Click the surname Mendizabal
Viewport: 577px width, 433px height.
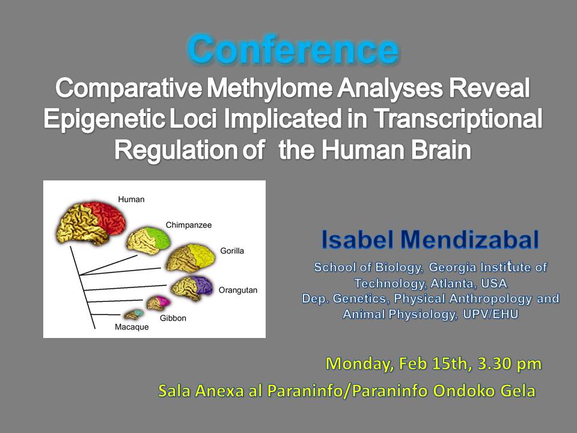tap(469, 239)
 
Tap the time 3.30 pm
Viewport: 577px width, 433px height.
tap(510, 364)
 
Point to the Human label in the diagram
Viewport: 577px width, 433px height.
tap(132, 200)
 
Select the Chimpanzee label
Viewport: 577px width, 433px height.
tap(189, 225)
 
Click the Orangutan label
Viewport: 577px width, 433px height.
tap(238, 290)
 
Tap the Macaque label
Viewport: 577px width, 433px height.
tap(132, 327)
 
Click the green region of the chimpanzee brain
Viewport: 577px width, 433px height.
tap(158, 237)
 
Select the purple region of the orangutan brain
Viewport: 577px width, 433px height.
tap(203, 285)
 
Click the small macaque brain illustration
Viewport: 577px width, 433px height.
tap(133, 314)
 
